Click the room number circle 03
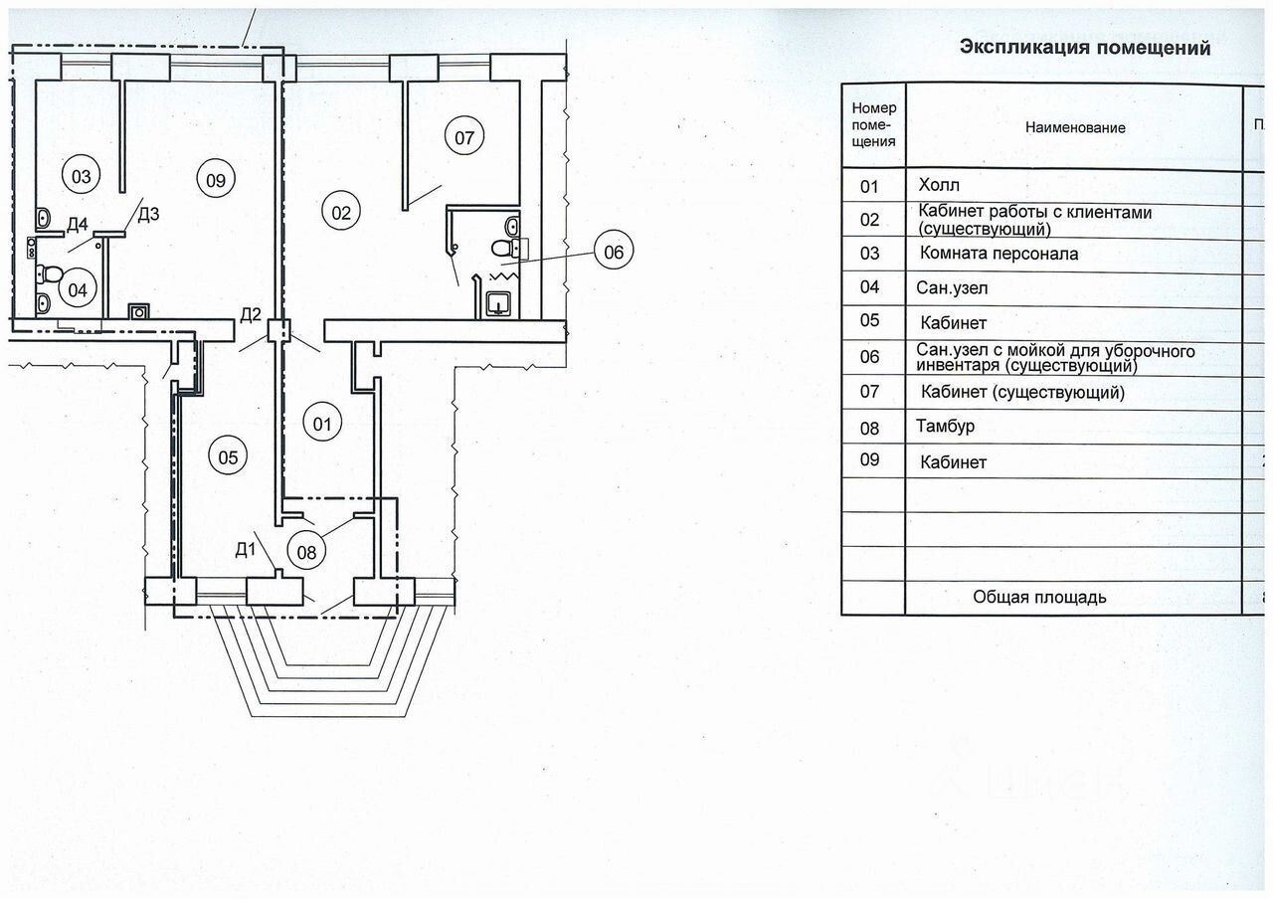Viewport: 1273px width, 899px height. [82, 177]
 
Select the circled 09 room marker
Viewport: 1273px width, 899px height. [216, 179]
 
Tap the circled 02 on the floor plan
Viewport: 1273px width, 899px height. [341, 212]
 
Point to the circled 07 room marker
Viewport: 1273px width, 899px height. [464, 137]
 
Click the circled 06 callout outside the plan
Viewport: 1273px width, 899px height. [614, 252]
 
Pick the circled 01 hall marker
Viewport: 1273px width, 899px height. [322, 425]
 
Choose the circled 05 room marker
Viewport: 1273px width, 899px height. [228, 457]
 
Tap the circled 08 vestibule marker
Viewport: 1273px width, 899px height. [306, 550]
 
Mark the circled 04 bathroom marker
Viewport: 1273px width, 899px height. [78, 290]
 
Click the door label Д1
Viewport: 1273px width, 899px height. [246, 548]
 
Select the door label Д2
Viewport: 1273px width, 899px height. [251, 315]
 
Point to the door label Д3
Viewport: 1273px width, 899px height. [148, 214]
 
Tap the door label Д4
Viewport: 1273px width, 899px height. [79, 224]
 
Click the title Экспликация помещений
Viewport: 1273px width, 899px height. [1084, 47]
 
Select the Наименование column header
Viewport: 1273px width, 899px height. [1077, 127]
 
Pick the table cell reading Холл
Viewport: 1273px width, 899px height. [940, 186]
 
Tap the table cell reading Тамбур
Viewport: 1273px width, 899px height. [945, 427]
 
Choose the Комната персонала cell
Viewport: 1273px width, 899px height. [999, 254]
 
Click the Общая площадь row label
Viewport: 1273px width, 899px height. [1039, 597]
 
